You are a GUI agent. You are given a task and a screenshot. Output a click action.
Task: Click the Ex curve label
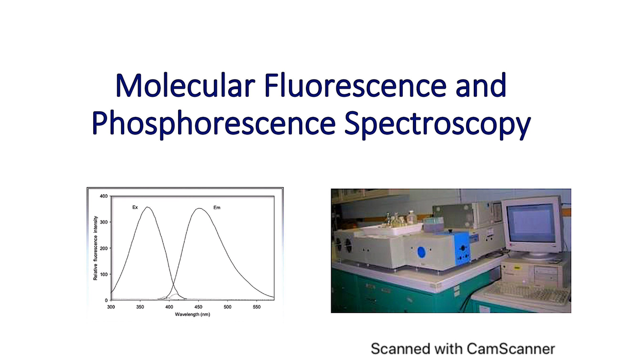point(135,207)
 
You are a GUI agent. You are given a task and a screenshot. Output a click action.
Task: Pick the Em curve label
point(216,208)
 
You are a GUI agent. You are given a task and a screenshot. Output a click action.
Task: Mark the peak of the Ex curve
point(148,208)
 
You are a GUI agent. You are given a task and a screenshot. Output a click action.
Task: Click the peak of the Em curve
point(199,209)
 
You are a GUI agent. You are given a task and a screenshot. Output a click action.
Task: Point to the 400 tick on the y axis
point(103,196)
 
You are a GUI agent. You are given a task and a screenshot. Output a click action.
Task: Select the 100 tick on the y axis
point(103,274)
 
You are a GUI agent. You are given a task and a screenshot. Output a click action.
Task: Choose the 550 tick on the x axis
point(257,307)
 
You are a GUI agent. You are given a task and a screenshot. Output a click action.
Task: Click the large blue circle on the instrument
point(422,252)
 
